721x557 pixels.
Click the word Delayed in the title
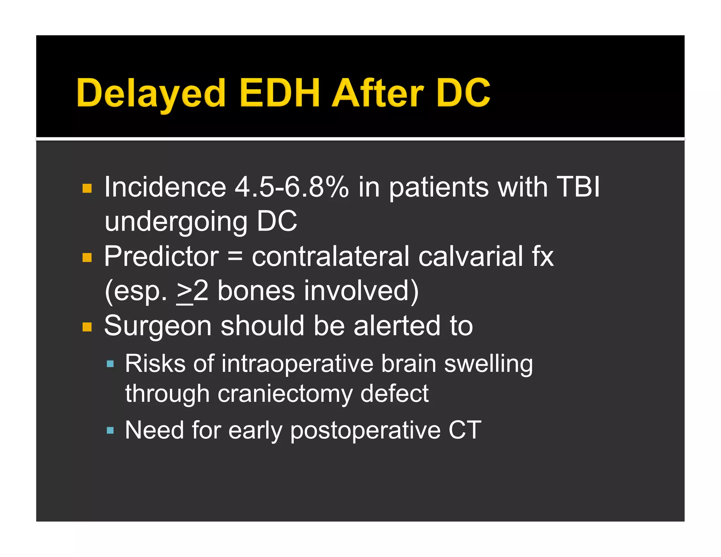coord(151,93)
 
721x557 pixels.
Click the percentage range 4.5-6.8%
coord(292,187)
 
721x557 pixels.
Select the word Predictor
coord(161,257)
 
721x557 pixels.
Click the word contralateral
coord(331,257)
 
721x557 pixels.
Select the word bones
coord(256,291)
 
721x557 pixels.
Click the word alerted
coord(397,326)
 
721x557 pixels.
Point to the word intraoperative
coord(297,364)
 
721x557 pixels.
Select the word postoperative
coord(365,431)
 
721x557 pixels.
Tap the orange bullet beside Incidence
coord(87,188)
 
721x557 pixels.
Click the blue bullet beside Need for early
coord(110,430)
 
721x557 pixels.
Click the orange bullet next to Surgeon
coord(87,327)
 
